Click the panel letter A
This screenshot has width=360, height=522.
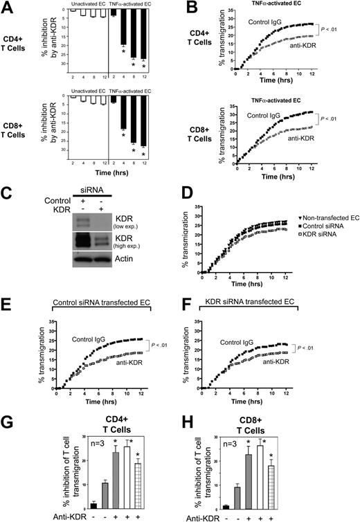pyautogui.click(x=8, y=8)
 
